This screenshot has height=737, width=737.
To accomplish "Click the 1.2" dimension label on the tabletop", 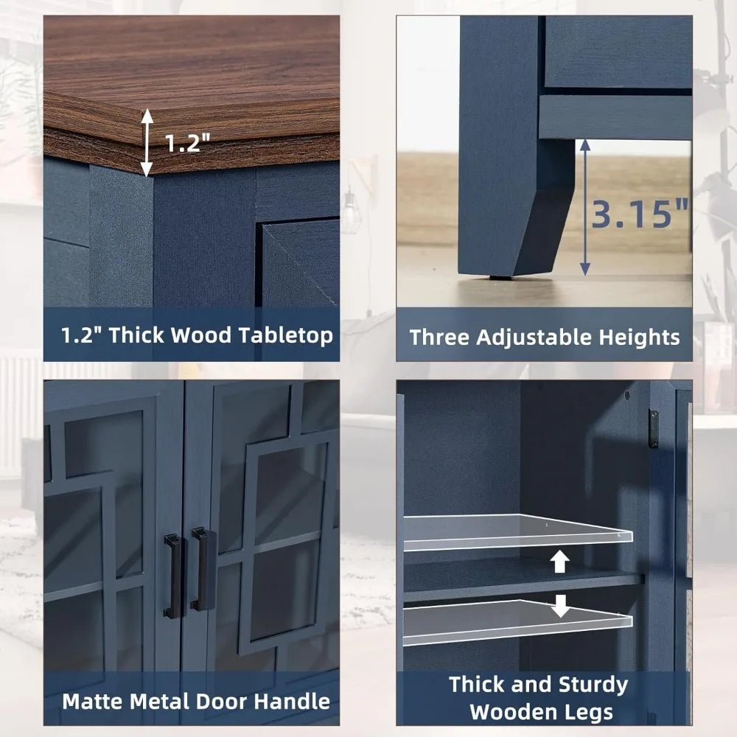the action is (187, 142).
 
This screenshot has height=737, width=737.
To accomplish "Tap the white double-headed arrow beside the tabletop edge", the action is (147, 142).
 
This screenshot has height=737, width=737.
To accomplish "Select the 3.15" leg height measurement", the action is (639, 214).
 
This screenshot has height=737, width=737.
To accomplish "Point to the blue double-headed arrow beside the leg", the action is (584, 207).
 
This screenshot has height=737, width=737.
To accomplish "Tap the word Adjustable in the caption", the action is (534, 338).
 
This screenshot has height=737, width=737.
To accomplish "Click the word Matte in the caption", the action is (93, 702).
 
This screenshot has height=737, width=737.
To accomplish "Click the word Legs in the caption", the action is (591, 712).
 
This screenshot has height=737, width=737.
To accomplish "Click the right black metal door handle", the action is (202, 569).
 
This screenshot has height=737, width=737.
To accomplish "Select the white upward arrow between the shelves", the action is (559, 561).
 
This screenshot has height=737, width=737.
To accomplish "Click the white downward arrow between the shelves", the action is (560, 605).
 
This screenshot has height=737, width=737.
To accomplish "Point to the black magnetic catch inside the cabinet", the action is (653, 428).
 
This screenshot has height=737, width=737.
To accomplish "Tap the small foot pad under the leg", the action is (501, 277).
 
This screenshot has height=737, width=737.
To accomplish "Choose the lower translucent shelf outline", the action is (518, 622).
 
